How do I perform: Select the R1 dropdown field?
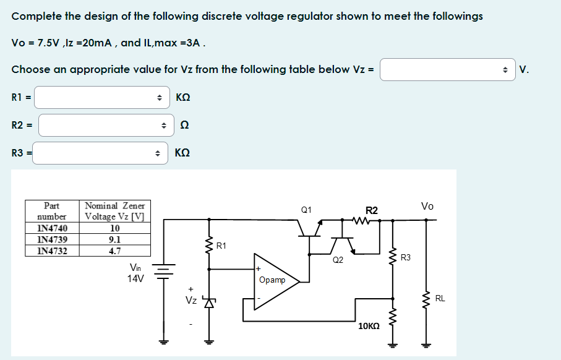[101, 97]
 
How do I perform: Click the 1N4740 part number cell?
[52, 228]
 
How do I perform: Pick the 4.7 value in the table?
[114, 251]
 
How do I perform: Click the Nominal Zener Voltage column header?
[114, 211]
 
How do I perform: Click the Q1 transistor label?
[306, 211]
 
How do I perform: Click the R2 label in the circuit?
[372, 211]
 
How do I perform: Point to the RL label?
[440, 299]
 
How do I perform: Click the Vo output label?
[427, 206]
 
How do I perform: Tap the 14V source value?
[135, 278]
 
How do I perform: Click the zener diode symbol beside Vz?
[208, 302]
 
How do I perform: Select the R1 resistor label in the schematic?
[221, 246]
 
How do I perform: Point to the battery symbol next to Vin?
[164, 273]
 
